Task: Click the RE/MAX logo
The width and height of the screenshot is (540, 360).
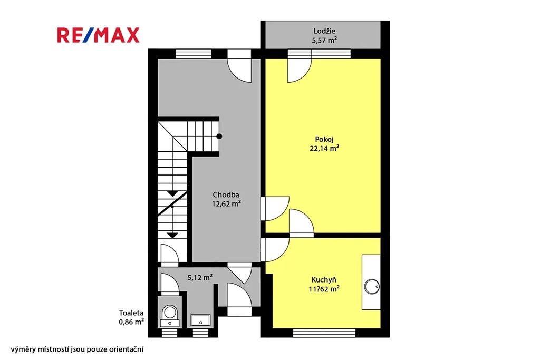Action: [x=98, y=35]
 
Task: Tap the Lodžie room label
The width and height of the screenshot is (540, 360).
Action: [x=324, y=31]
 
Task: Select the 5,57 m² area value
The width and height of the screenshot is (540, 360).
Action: [x=324, y=40]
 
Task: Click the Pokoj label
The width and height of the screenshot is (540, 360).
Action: [x=324, y=139]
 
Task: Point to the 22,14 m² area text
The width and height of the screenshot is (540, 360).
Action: [x=324, y=148]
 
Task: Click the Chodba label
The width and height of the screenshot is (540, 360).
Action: [x=226, y=195]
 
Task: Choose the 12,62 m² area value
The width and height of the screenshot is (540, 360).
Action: [x=226, y=204]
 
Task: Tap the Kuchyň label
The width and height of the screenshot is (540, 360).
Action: [x=324, y=280]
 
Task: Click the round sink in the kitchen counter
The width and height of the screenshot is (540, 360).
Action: [x=372, y=286]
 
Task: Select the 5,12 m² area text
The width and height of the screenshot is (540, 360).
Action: [x=200, y=277]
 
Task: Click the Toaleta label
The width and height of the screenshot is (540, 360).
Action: [x=131, y=313]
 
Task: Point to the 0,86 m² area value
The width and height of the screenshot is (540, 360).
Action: [x=131, y=322]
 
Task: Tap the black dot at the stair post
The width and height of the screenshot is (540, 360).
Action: [x=219, y=137]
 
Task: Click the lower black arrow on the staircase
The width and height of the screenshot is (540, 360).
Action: [x=172, y=236]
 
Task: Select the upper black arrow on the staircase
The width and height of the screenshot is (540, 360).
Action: [x=172, y=194]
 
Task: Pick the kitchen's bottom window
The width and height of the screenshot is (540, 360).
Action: [x=324, y=333]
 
